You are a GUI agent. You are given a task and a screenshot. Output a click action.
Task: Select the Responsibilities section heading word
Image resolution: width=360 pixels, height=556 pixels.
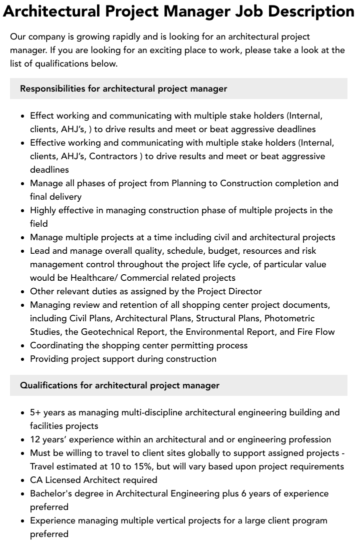[52, 89]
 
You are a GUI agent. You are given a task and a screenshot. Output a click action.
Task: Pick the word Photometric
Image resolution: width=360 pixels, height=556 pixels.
[289, 318]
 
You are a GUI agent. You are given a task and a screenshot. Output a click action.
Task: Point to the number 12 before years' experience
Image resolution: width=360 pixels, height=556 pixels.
[35, 439]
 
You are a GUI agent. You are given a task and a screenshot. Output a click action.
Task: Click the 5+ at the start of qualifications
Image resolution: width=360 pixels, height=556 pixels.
[35, 412]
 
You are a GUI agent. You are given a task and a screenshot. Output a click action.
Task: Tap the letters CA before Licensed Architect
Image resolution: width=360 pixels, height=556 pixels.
[36, 480]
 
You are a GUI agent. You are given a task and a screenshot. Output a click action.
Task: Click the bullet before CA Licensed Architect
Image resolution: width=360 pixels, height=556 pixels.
[23, 480]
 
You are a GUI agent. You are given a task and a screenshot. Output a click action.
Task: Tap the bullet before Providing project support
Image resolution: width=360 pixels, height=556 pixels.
[23, 359]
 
